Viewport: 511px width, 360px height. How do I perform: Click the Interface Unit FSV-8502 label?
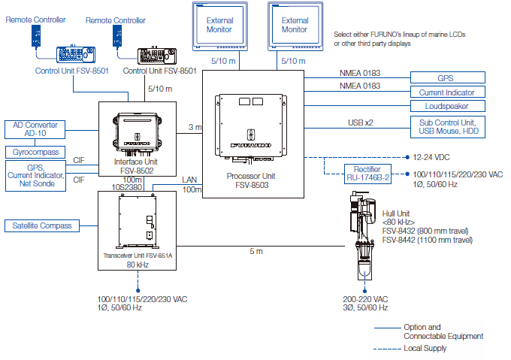tap(137, 165)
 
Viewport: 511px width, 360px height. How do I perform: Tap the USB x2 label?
tap(360, 121)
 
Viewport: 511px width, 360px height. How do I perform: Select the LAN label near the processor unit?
tap(189, 180)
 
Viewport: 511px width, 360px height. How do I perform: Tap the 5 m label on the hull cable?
tap(256, 250)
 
